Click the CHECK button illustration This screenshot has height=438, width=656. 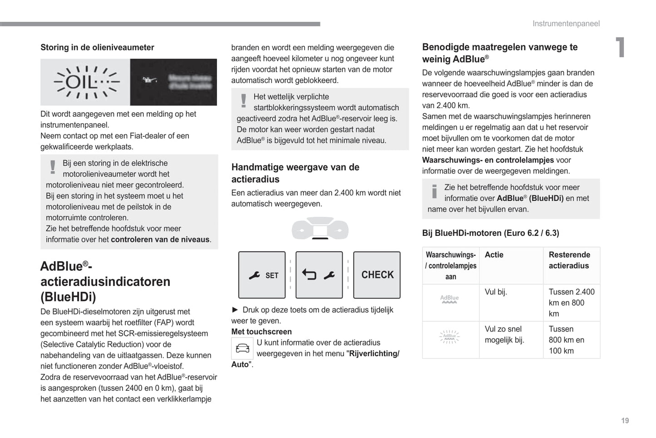[x=377, y=275]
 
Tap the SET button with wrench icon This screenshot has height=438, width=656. [x=262, y=275]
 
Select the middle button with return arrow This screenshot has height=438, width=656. [x=319, y=275]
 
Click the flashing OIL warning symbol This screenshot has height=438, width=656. [x=85, y=82]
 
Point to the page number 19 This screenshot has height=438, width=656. [x=625, y=421]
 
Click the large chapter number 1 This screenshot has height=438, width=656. [x=620, y=47]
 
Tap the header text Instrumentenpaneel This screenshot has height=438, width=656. [x=566, y=24]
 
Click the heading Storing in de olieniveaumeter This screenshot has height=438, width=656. [x=97, y=48]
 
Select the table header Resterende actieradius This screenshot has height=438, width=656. [x=569, y=260]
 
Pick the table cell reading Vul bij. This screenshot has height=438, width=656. [x=496, y=292]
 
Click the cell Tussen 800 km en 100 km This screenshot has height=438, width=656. [x=566, y=340]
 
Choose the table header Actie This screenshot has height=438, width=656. [x=494, y=255]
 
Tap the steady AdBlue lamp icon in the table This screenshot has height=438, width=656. [x=449, y=299]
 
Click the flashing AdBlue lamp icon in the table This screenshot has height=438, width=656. [x=449, y=337]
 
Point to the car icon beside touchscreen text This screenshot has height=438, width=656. [x=242, y=348]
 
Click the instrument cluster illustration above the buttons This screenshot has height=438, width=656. [x=320, y=229]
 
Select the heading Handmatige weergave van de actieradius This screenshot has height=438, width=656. [x=295, y=173]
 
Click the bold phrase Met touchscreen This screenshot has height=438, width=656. [x=261, y=332]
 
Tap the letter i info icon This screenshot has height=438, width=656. [x=434, y=192]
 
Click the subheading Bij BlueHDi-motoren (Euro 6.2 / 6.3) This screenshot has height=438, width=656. [x=490, y=233]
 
